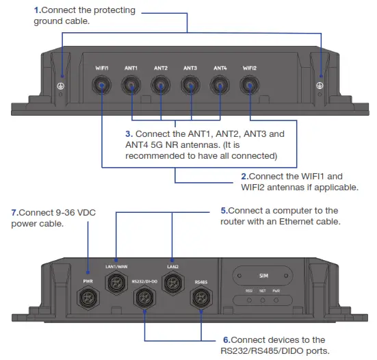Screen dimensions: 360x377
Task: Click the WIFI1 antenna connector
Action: click(102, 86)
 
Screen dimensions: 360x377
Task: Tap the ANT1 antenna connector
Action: click(131, 86)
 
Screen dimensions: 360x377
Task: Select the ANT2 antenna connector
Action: click(161, 86)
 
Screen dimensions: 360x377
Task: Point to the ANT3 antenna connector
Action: click(190, 86)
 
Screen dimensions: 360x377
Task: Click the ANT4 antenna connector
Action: click(220, 86)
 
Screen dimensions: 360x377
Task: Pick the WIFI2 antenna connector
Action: click(250, 86)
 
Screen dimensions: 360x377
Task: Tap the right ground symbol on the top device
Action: click(318, 84)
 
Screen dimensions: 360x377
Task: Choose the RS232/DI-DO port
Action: click(144, 297)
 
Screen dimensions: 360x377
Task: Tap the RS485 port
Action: click(200, 297)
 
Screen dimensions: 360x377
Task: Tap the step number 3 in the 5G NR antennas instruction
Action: click(128, 133)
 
